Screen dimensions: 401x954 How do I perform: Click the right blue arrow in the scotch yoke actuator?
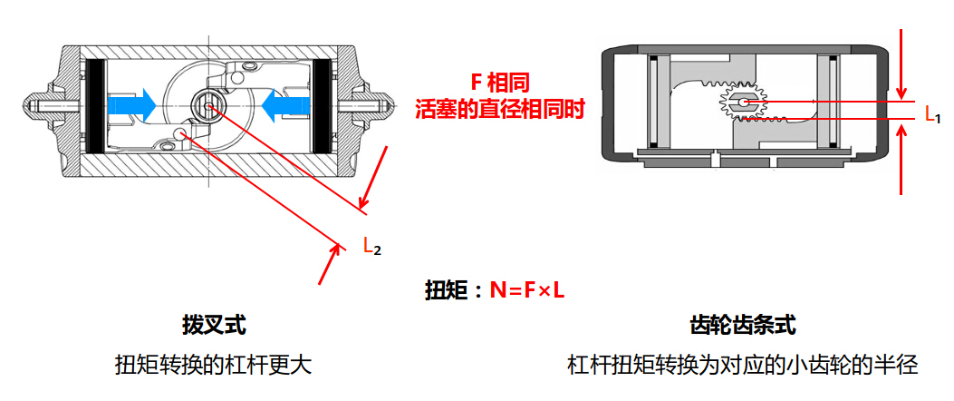point(285,105)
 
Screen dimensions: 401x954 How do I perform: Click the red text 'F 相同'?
point(498,83)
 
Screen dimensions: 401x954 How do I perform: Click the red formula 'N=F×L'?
point(527,290)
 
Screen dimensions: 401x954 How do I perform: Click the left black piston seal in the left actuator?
point(93,105)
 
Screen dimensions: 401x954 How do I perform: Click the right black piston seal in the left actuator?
point(321,105)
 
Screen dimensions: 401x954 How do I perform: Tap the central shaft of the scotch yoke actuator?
point(209,106)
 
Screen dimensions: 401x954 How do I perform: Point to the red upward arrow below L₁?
point(901,159)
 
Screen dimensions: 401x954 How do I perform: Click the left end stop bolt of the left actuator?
point(36,106)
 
